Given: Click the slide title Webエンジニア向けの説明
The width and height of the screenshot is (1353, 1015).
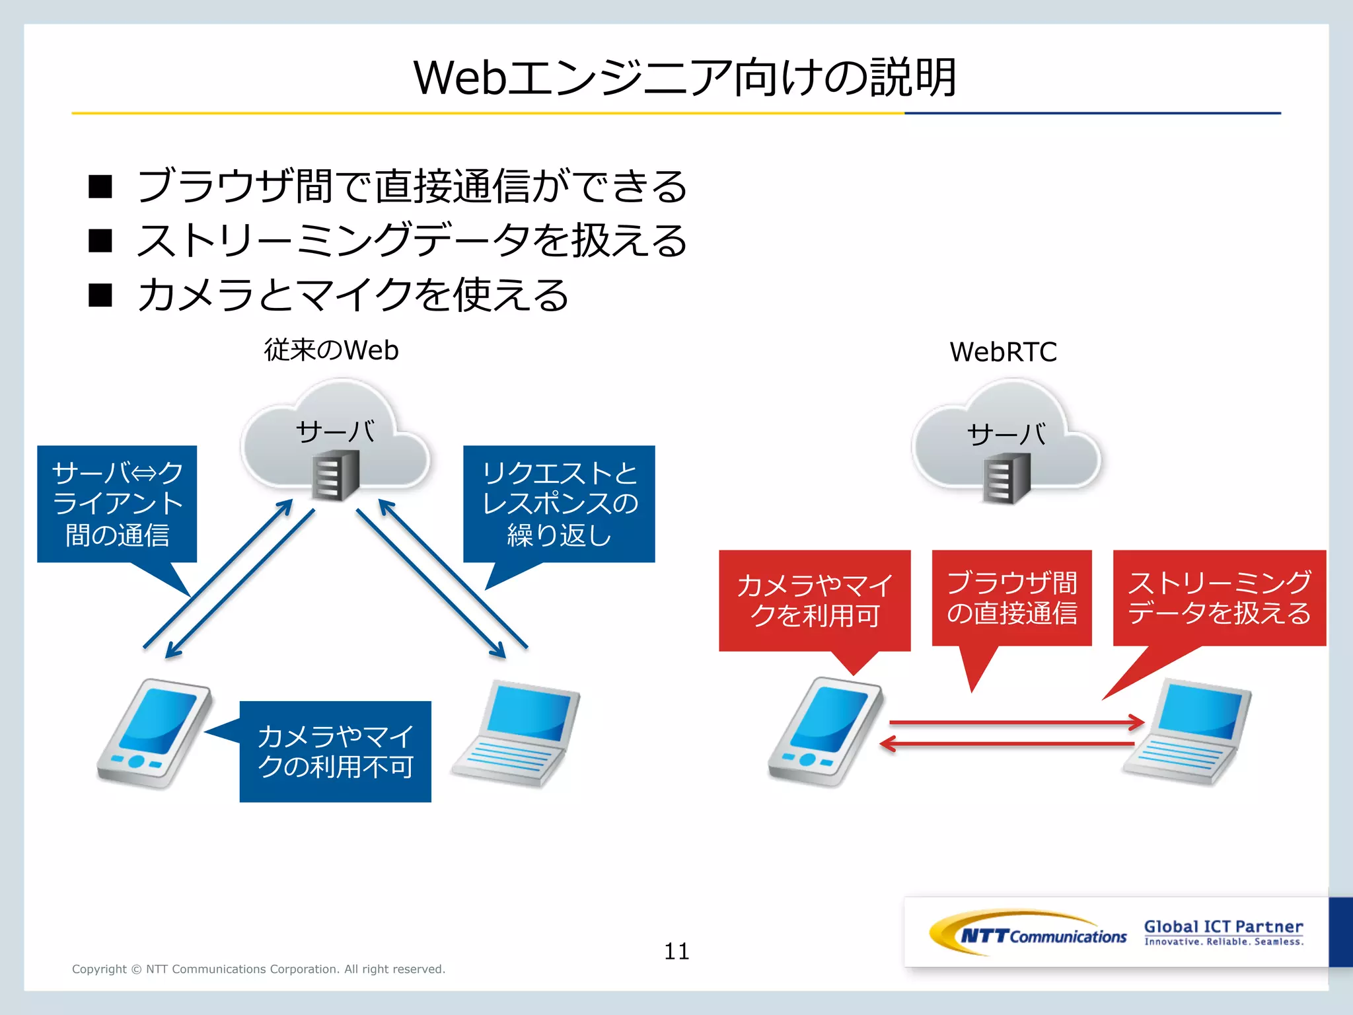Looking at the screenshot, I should tap(684, 77).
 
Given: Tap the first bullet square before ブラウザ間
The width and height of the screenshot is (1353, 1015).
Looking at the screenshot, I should tap(100, 187).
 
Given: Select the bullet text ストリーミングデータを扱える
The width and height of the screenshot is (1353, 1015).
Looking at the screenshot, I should tap(412, 241).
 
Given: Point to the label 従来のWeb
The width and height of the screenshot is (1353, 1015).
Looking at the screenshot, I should tap(331, 350).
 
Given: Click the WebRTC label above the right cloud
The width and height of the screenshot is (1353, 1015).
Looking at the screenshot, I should tap(1003, 352).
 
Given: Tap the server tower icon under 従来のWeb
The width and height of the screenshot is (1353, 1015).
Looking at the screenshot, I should tap(336, 476).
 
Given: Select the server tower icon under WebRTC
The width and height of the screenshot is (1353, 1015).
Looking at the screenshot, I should tap(1006, 480).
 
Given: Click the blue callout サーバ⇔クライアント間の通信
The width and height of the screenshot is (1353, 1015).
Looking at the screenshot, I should tap(117, 504).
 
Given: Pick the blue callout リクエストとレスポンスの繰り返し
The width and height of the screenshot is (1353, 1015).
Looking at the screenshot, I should tap(559, 504).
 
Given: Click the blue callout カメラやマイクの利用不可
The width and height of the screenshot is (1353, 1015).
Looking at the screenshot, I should tap(335, 751).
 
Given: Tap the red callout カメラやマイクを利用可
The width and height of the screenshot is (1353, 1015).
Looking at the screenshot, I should tap(815, 600).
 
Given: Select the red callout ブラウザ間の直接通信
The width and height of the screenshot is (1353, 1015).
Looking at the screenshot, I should tap(1011, 597).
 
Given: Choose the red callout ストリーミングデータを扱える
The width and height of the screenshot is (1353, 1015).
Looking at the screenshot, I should tap(1219, 597).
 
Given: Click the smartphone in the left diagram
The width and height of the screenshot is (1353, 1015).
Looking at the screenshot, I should tap(155, 733).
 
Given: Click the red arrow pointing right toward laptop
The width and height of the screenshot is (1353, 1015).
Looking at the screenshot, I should tap(1017, 722).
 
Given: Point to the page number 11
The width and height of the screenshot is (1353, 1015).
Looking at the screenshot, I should tap(676, 952).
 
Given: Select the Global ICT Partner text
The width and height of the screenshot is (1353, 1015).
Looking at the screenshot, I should tap(1224, 927).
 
